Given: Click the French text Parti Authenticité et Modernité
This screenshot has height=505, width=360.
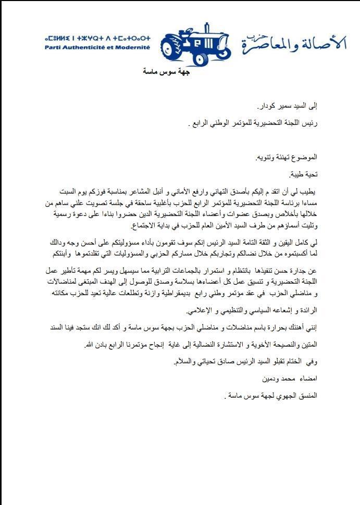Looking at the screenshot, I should pos(97,47).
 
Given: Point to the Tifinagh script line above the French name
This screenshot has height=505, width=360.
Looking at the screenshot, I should pos(97,38).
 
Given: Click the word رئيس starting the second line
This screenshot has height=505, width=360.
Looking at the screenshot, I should pos(310,125).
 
